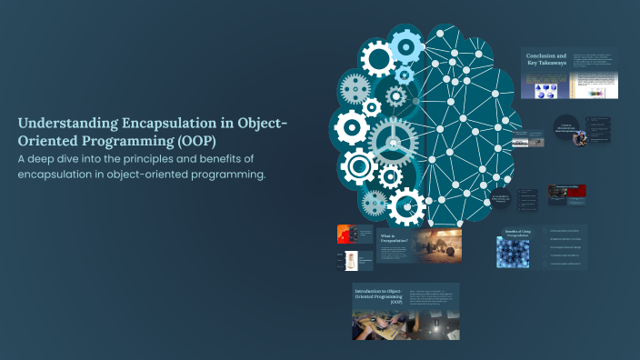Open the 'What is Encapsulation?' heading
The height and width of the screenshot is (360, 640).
click(x=394, y=238)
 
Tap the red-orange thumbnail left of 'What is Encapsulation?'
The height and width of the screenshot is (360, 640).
click(x=343, y=234)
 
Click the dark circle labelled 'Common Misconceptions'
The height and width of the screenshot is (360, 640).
click(x=565, y=130)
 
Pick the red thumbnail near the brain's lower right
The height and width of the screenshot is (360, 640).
click(x=574, y=192)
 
